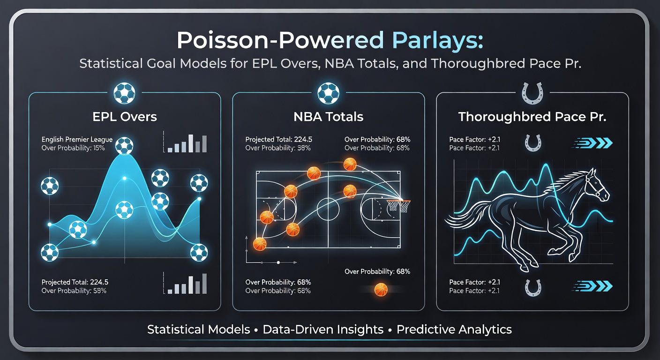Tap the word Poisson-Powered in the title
[x=277, y=41]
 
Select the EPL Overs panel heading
[x=124, y=117]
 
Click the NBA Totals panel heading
[x=328, y=117]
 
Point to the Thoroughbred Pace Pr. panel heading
[x=532, y=117]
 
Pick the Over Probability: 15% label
[x=73, y=148]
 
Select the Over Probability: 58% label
[x=74, y=291]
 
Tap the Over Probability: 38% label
[x=278, y=148]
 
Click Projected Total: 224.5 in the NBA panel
[x=279, y=140]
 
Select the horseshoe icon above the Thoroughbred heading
[x=532, y=93]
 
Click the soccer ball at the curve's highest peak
[x=124, y=146]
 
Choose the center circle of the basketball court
[x=328, y=209]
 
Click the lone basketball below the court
[x=381, y=290]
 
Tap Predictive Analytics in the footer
[x=454, y=330]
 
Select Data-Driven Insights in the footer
[x=323, y=330]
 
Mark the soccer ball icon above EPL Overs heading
[x=124, y=93]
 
